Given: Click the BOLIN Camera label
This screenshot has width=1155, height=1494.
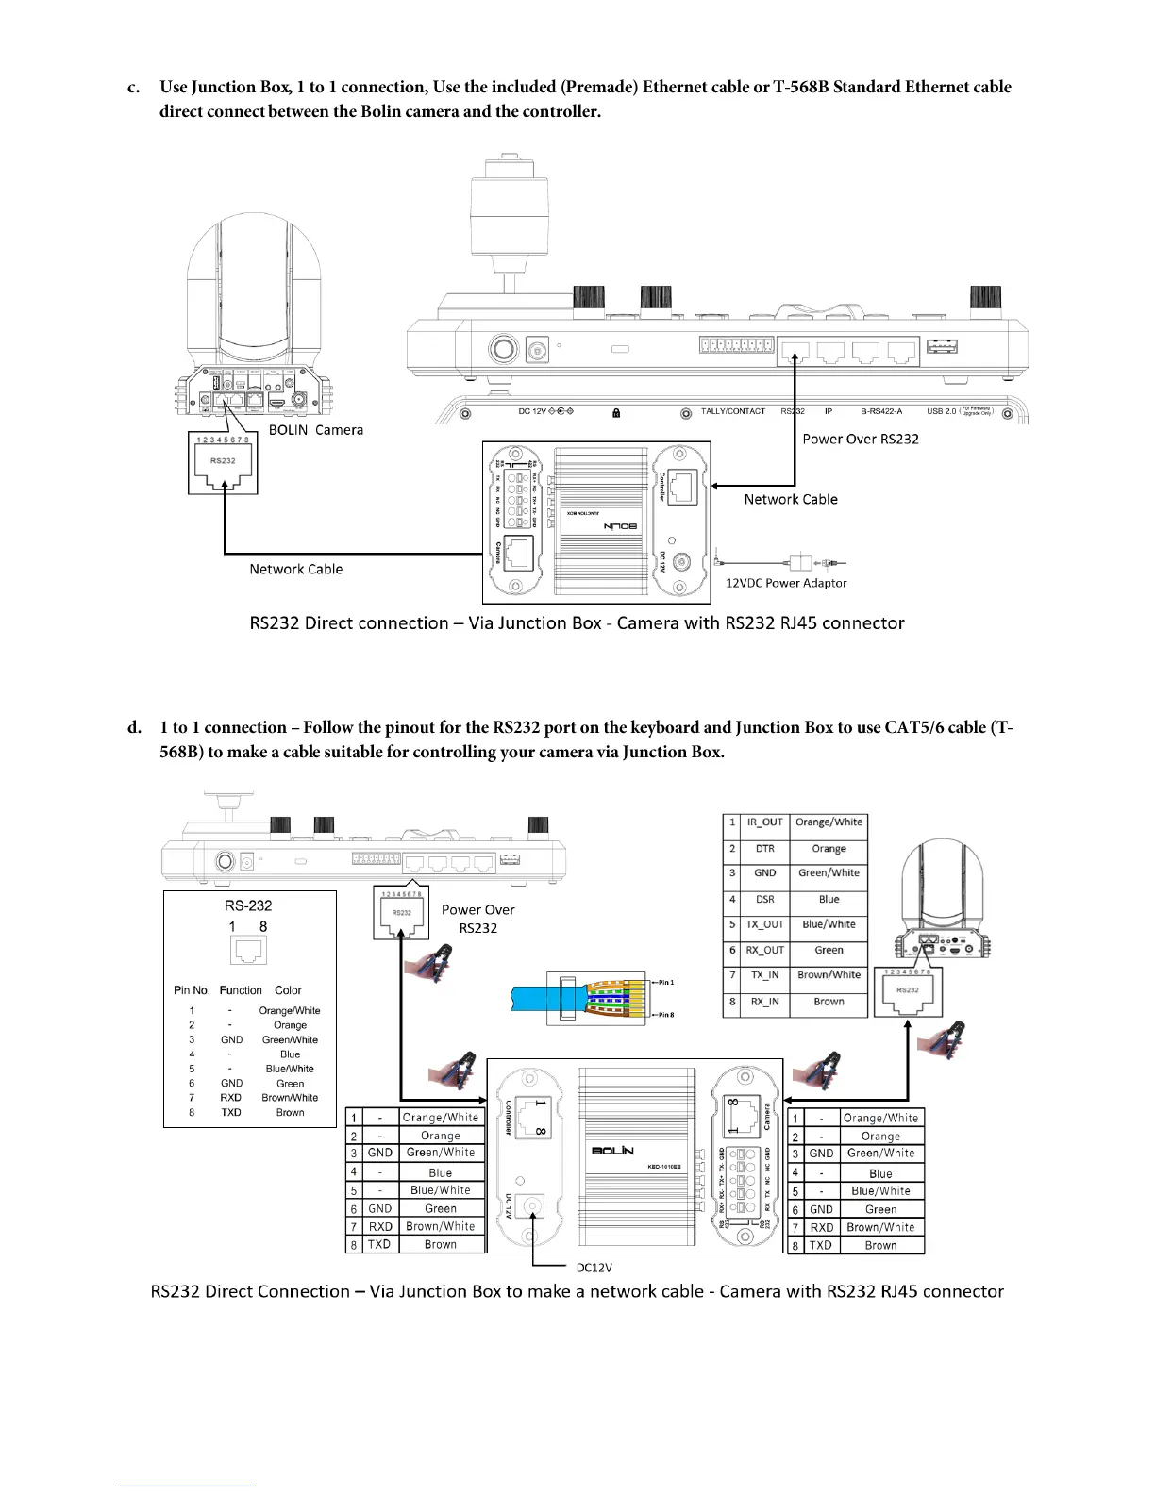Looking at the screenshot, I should pyautogui.click(x=315, y=430).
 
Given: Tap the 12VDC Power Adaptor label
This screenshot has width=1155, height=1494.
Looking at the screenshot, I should pyautogui.click(x=785, y=583).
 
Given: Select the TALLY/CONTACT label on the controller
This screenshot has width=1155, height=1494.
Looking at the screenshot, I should pyautogui.click(x=732, y=411).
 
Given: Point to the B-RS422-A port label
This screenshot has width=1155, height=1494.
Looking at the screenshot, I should pyautogui.click(x=881, y=411).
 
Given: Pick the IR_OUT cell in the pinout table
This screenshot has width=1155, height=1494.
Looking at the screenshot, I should pyautogui.click(x=764, y=822).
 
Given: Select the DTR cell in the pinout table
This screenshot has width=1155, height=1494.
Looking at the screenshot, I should pyautogui.click(x=764, y=848).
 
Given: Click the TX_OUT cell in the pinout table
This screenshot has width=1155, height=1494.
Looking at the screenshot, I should pyautogui.click(x=764, y=924).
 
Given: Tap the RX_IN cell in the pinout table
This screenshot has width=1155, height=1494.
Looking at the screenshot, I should pyautogui.click(x=764, y=1002).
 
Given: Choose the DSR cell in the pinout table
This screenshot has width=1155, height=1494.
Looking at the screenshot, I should pyautogui.click(x=764, y=899).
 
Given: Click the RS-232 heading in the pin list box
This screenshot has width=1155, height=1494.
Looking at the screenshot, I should pyautogui.click(x=248, y=905).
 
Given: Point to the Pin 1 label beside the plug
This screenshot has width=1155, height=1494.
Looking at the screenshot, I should pyautogui.click(x=665, y=983).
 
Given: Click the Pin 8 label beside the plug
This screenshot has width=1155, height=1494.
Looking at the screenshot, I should pyautogui.click(x=665, y=1015).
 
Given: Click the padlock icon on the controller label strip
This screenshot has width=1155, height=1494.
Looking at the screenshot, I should pyautogui.click(x=615, y=412).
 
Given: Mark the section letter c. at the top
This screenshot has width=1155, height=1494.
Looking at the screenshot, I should pyautogui.click(x=135, y=88).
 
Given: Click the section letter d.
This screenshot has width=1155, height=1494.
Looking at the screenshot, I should pyautogui.click(x=135, y=728).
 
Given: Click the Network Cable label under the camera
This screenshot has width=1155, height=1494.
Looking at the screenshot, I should pyautogui.click(x=295, y=569).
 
